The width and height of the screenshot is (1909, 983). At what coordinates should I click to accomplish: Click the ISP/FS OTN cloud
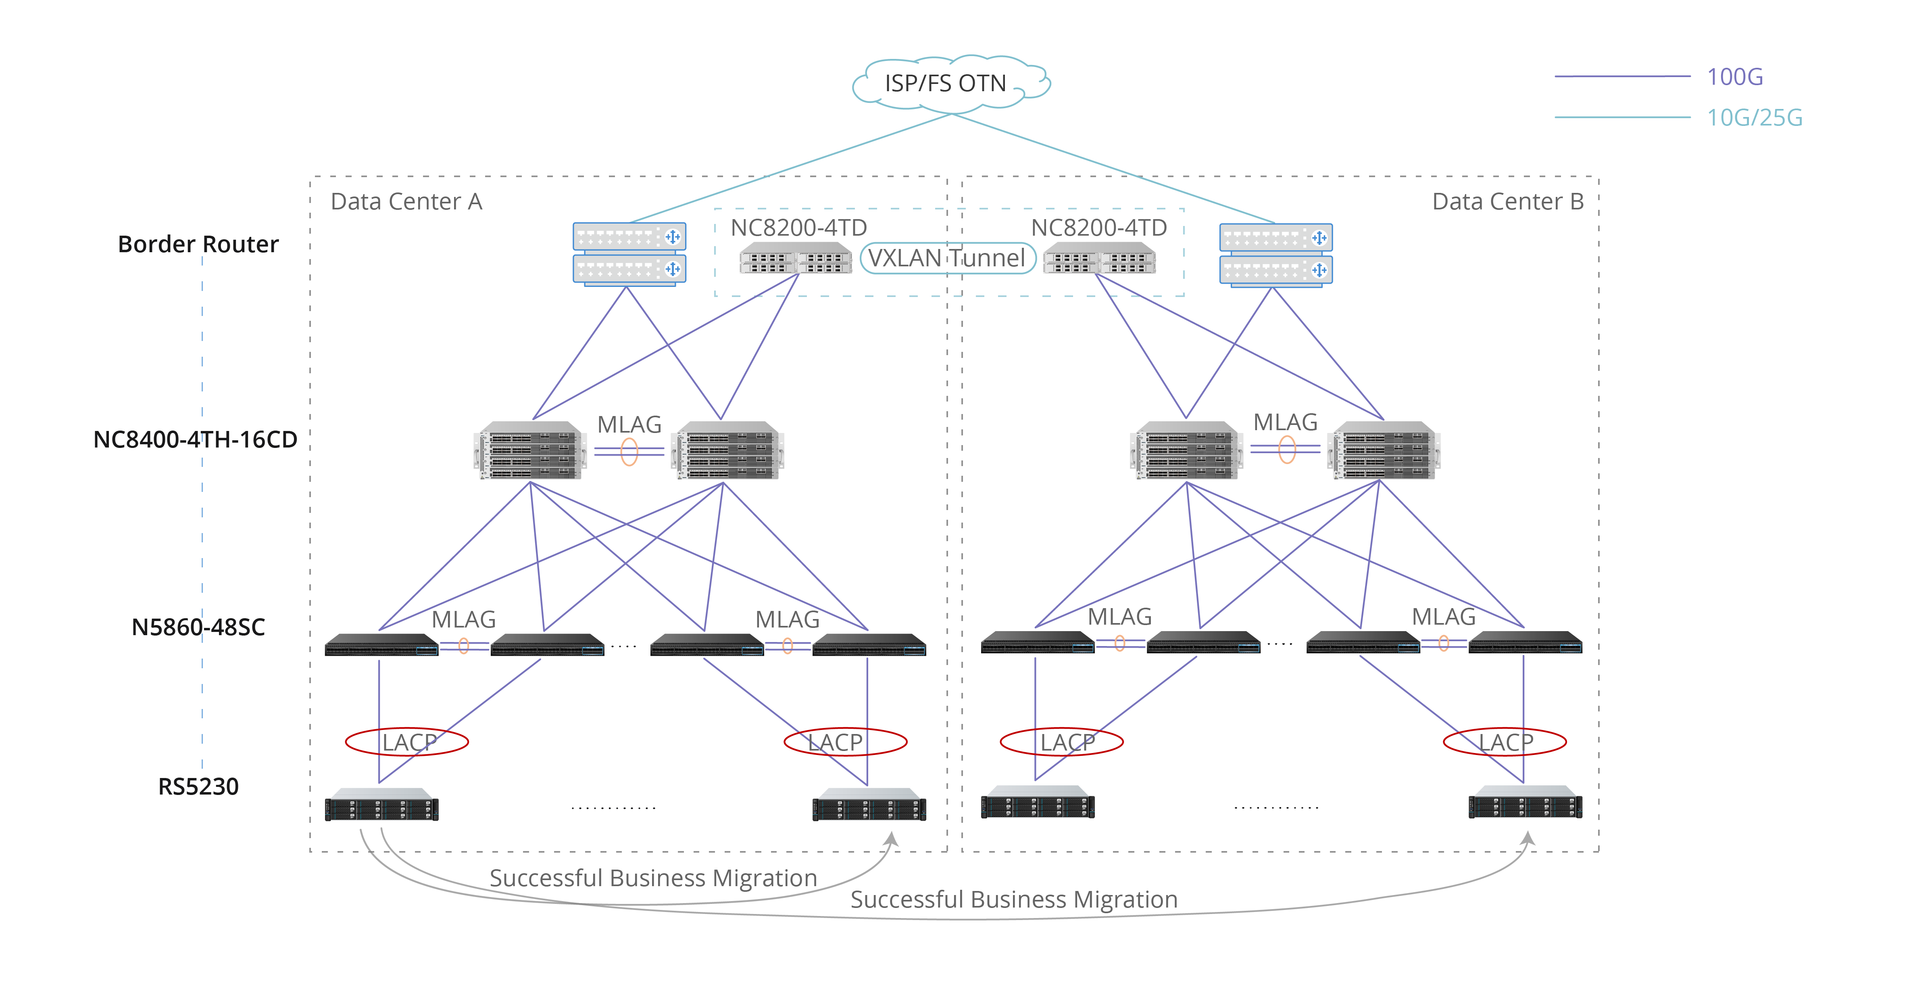coord(948,83)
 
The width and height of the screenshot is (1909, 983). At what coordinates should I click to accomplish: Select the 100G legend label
coord(1734,76)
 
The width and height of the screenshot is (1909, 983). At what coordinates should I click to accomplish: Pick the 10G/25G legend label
coord(1754,117)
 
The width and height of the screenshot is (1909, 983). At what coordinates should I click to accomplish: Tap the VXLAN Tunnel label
coord(947,258)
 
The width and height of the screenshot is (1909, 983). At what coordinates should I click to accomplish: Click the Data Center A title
coord(406,202)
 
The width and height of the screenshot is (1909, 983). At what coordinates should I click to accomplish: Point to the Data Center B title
coord(1507,202)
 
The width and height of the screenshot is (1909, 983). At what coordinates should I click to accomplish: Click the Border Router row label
coord(198,244)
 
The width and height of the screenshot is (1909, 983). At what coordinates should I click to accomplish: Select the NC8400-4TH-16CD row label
coord(195,439)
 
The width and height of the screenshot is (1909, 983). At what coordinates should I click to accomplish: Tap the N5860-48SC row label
coord(198,627)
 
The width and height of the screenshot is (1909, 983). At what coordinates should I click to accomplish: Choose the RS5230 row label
coord(198,786)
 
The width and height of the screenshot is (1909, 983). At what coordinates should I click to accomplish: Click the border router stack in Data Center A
coord(629,253)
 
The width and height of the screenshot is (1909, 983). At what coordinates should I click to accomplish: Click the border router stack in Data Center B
coord(1275,254)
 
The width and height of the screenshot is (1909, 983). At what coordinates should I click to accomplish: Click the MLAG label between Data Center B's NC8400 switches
coord(1285,422)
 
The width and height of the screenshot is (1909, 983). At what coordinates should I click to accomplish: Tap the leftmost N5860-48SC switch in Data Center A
coord(381,644)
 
